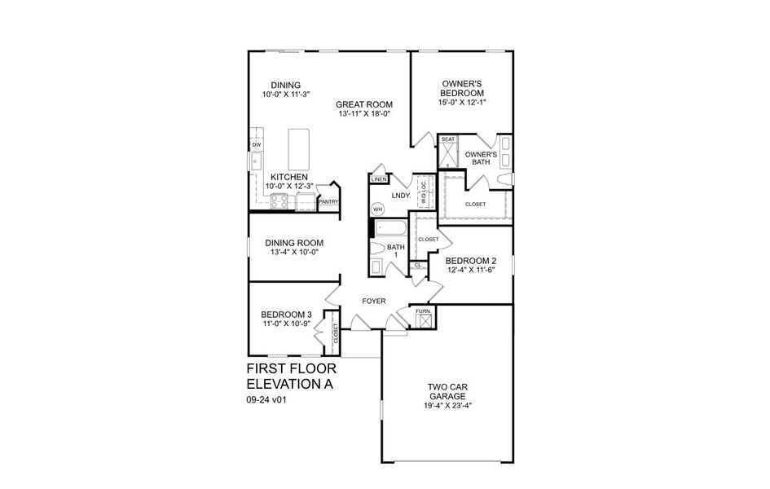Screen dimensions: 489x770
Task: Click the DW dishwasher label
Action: [x=256, y=145]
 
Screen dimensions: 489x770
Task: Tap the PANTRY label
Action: [x=328, y=201]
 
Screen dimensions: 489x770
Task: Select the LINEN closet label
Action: [x=378, y=179]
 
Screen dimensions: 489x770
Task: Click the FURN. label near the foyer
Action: [x=424, y=312]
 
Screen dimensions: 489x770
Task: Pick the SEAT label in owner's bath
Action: [x=448, y=139]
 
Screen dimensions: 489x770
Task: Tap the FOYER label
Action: [x=374, y=302]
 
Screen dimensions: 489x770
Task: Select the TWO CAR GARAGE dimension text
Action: [x=448, y=406]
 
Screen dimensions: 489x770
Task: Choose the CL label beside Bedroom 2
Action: [x=418, y=266]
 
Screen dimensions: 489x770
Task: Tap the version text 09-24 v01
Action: [x=268, y=400]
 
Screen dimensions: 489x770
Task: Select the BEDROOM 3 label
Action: [x=286, y=315]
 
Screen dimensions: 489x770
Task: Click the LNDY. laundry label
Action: [x=400, y=196]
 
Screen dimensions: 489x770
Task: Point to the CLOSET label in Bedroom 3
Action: [x=335, y=333]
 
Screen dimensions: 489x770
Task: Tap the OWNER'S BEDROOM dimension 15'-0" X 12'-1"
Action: [x=464, y=103]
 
